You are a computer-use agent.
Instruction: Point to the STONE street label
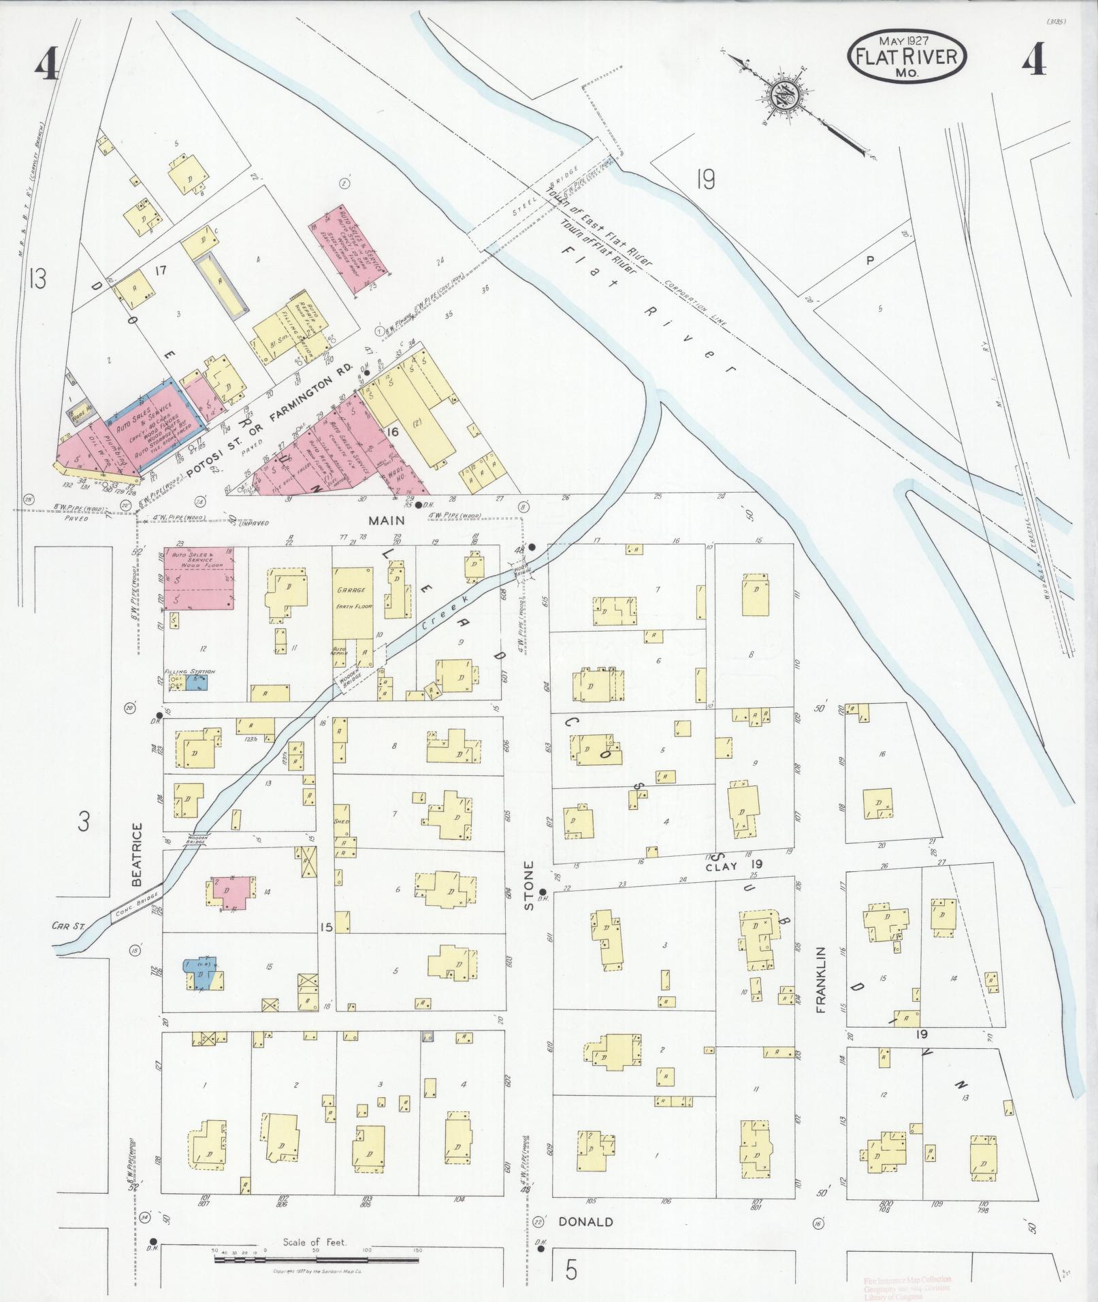[x=528, y=885]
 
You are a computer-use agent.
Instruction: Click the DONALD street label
[x=585, y=1221]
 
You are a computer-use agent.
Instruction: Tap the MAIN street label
[x=387, y=520]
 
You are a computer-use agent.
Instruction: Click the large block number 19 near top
[x=706, y=180]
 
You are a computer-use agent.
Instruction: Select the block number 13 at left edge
[x=37, y=278]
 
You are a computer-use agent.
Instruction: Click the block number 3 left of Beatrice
[x=83, y=822]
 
